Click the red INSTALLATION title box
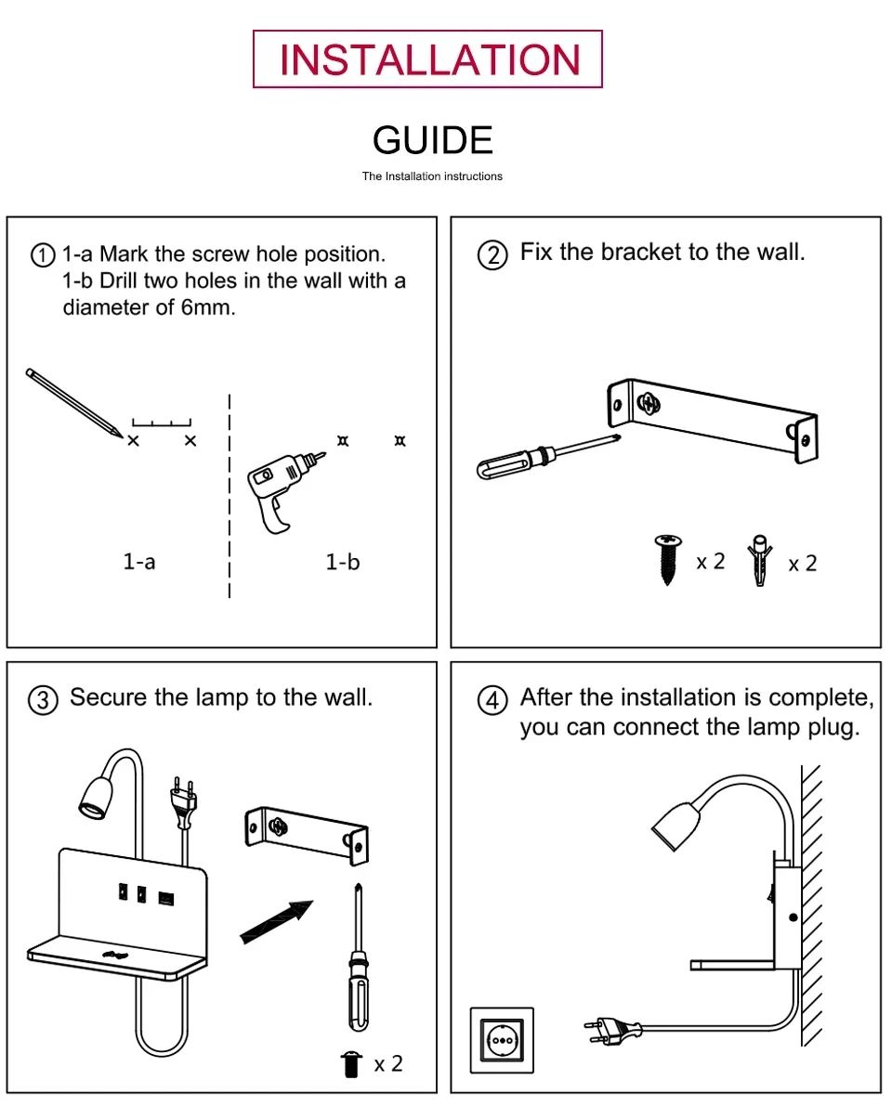(x=428, y=59)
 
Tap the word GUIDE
(x=432, y=140)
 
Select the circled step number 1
(x=43, y=255)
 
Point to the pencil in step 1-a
(x=73, y=402)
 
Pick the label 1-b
(x=342, y=562)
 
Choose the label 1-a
(x=139, y=562)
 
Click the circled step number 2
(x=492, y=254)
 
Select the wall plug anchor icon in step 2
(x=760, y=560)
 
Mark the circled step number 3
(x=43, y=700)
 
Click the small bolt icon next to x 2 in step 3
(x=351, y=1063)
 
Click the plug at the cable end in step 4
(x=613, y=1028)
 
